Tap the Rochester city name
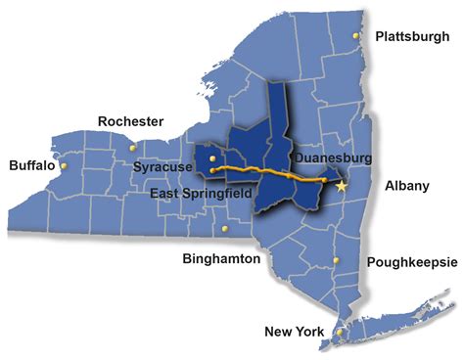coord(131,121)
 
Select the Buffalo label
coord(32,165)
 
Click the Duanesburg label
coord(329,155)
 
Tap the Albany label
coord(407,185)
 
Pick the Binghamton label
coord(221,259)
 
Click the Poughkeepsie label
coord(409,262)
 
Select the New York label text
coord(294,333)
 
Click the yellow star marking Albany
coord(341,185)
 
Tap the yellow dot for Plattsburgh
coord(357,37)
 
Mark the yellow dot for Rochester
coord(134,148)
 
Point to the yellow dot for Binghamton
coord(226,229)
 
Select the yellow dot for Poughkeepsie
coord(336,260)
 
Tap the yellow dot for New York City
coord(339,333)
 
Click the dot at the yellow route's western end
coord(212,170)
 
